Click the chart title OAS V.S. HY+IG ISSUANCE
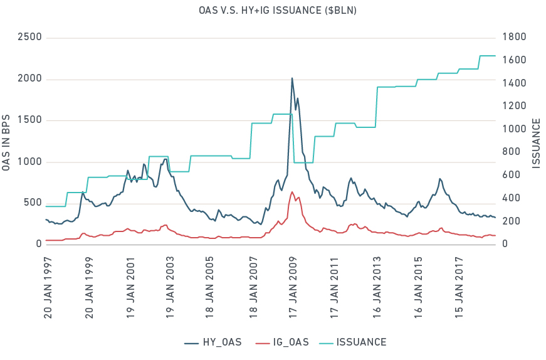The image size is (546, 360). tap(273, 11)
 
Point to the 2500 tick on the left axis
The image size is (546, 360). tap(29, 37)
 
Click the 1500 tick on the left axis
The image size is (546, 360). tap(29, 120)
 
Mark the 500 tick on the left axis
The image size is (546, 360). tap(31, 203)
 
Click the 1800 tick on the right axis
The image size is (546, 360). tap(510, 37)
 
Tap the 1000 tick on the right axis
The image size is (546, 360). tap(510, 129)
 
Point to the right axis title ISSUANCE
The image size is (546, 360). tap(537, 142)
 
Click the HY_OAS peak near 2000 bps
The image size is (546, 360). tap(292, 78)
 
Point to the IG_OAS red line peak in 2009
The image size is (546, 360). tap(292, 192)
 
